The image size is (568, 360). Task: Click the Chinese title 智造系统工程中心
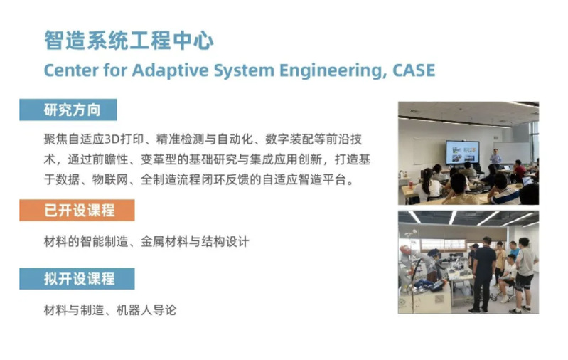(x=129, y=40)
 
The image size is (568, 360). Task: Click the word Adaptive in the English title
(x=170, y=70)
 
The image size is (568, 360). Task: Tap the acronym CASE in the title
(x=414, y=70)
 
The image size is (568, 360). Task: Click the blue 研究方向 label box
(x=68, y=110)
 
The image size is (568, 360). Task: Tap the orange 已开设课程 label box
(x=77, y=211)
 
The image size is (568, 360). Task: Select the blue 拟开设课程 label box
(x=77, y=279)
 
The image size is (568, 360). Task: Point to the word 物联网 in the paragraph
(x=110, y=180)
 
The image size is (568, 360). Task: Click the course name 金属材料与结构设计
(x=195, y=242)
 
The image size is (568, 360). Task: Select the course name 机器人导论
(x=146, y=310)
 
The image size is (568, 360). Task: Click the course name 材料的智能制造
(x=86, y=242)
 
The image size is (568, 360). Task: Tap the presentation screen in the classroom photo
(x=462, y=152)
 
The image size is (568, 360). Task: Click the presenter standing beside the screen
(x=495, y=157)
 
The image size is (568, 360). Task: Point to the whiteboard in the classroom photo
(x=512, y=152)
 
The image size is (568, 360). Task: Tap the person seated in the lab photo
(x=507, y=278)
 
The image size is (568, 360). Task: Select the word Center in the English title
(x=71, y=70)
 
